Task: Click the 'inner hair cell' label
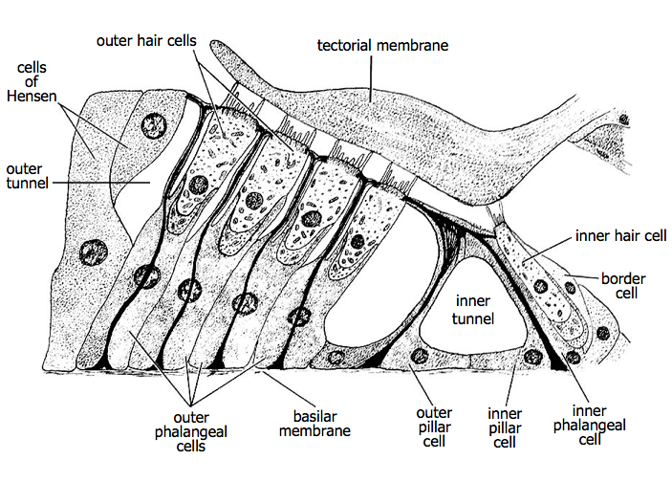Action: coord(619,234)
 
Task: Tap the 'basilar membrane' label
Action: coord(314,424)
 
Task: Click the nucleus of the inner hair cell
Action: coord(541,284)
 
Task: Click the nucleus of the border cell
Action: coord(602,332)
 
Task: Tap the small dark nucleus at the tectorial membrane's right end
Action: coord(625,120)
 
